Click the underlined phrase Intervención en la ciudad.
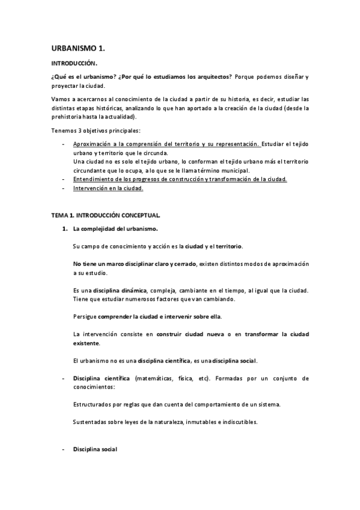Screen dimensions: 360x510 [108, 188]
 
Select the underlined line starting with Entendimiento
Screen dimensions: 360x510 [180, 179]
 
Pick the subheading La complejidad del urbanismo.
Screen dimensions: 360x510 [115, 229]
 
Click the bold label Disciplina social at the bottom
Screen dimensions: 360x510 [94, 449]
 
